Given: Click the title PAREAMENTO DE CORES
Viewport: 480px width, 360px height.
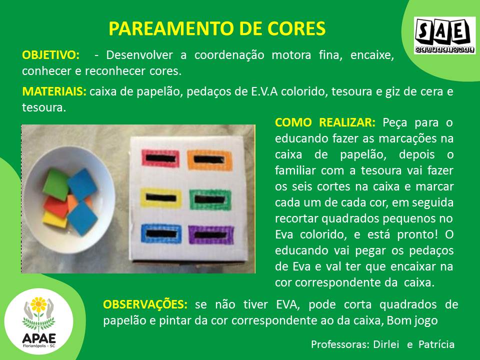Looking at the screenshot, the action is (x=217, y=29).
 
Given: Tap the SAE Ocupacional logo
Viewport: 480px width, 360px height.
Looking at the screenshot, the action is (x=444, y=35).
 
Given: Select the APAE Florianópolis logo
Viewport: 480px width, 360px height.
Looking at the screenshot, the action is (x=39, y=321).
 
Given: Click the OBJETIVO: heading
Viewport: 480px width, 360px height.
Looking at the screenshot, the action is (x=51, y=55).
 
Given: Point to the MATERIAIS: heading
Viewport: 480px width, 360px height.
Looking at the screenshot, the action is (x=54, y=91).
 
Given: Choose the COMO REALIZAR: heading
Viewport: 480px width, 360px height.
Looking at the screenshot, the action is (x=325, y=122).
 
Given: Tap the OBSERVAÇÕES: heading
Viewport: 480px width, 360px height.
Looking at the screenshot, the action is (x=145, y=304).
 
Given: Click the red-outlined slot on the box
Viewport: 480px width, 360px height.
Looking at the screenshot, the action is (x=160, y=158).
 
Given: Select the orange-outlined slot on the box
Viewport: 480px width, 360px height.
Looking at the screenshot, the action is (x=209, y=159).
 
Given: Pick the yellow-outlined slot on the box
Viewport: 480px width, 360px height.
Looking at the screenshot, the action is (x=160, y=198).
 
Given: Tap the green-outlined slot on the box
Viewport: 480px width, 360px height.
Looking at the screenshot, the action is (x=210, y=199).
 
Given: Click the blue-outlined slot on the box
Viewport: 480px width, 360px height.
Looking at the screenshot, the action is (x=161, y=233).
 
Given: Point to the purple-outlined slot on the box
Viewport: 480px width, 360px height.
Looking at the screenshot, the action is (x=211, y=235).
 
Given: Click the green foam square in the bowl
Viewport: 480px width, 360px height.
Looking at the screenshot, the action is (x=55, y=184).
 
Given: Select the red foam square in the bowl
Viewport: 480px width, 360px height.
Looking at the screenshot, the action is (x=56, y=207).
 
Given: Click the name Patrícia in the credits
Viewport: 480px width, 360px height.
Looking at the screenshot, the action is (x=436, y=344).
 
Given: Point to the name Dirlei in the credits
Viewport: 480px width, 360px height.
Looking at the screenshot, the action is (x=386, y=344).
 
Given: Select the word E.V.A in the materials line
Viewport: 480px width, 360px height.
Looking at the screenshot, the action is (x=264, y=91).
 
